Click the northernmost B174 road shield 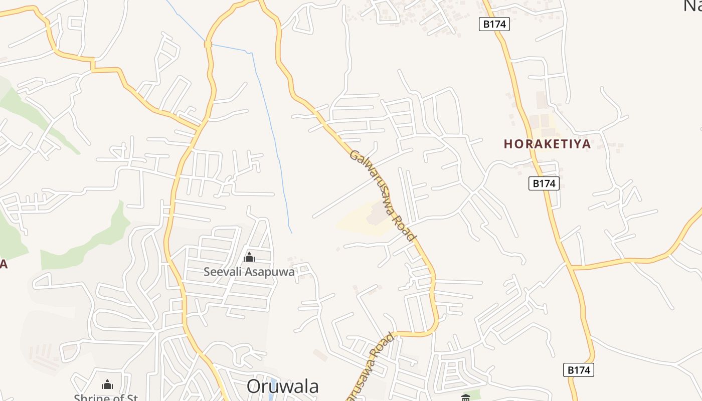tap(494, 24)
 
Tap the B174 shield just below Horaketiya tap(544, 183)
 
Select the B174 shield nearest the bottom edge tap(579, 370)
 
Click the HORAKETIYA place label tap(547, 144)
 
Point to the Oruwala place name tap(283, 386)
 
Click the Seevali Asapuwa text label tap(249, 272)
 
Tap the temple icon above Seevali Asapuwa tap(249, 258)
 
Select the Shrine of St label tap(106, 397)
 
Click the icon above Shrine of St tap(107, 384)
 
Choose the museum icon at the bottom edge tap(466, 397)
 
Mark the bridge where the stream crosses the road tap(208, 44)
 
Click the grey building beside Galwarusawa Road tap(377, 216)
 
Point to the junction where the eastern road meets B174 tap(571, 267)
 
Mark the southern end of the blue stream tap(292, 233)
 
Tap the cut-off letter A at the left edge tap(3, 264)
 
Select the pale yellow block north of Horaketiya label tap(542, 121)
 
